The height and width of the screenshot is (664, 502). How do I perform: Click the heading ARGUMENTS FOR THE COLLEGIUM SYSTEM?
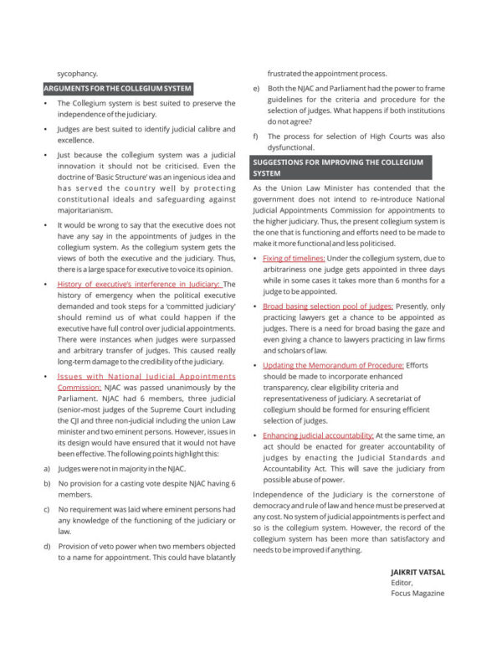[118, 88]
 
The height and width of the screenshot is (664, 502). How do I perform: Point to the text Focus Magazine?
[417, 594]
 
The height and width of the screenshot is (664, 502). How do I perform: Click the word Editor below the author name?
[402, 583]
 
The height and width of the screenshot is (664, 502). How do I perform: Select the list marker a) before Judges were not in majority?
[46, 469]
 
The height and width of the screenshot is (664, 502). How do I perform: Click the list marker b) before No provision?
[46, 484]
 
